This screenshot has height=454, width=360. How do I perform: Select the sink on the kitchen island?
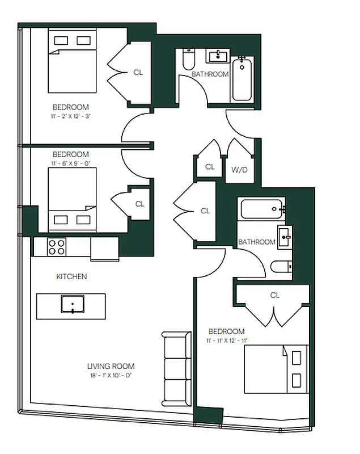tap(73, 304)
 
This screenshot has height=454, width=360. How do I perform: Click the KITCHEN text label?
tap(71, 277)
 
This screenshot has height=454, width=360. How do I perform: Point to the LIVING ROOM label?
tap(111, 367)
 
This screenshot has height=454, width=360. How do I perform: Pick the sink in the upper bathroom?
tap(217, 56)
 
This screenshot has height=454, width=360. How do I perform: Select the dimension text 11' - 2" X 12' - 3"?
tap(71, 116)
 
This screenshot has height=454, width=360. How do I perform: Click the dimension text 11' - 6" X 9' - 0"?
tap(71, 163)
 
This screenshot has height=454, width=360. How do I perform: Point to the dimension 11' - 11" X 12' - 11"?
tap(227, 340)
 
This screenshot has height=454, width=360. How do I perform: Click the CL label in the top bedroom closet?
tap(138, 73)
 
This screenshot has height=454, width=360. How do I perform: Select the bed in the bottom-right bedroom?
tap(276, 369)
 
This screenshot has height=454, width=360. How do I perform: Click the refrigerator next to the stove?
tap(104, 249)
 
